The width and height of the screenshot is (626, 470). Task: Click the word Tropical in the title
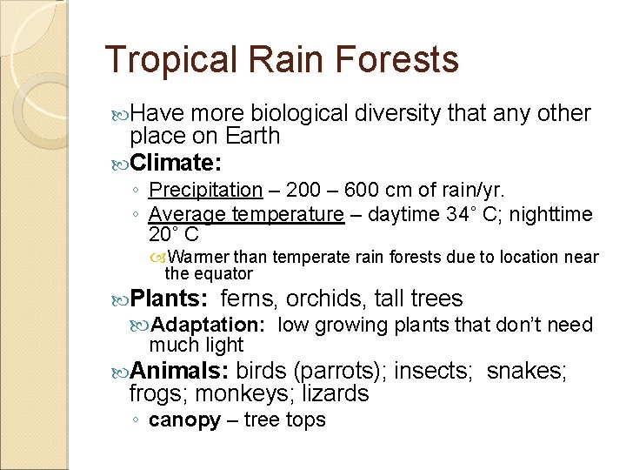click(170, 60)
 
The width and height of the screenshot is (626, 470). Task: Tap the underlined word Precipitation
click(205, 190)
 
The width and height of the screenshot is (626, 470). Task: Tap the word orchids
click(326, 299)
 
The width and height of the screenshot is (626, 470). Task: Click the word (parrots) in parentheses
click(343, 372)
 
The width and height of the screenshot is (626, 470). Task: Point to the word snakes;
click(527, 372)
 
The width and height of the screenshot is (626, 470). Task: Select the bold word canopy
click(184, 420)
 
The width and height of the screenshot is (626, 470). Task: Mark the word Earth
click(252, 137)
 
